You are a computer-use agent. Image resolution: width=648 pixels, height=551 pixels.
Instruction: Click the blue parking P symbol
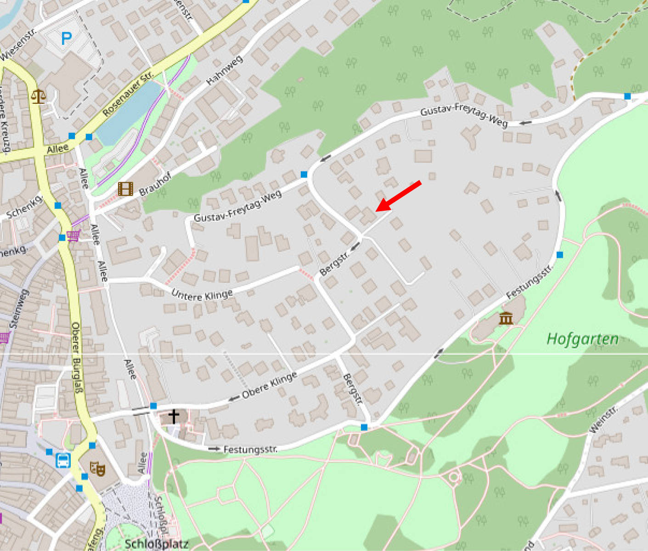pyautogui.click(x=67, y=38)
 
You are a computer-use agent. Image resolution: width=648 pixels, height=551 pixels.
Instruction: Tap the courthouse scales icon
pyautogui.click(x=39, y=96)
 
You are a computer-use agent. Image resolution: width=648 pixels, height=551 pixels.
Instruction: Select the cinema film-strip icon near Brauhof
pyautogui.click(x=125, y=188)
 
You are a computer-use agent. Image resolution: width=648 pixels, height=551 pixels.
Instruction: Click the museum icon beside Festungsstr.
pyautogui.click(x=506, y=318)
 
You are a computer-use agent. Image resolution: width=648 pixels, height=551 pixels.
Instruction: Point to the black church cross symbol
pyautogui.click(x=174, y=416)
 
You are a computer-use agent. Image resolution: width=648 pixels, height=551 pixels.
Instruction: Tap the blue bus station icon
pyautogui.click(x=63, y=460)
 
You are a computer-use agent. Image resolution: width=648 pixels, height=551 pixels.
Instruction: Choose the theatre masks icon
pyautogui.click(x=97, y=469)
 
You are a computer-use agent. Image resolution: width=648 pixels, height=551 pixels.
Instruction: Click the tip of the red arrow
pyautogui.click(x=377, y=211)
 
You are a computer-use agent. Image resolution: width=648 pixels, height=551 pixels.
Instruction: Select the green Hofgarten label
pyautogui.click(x=582, y=339)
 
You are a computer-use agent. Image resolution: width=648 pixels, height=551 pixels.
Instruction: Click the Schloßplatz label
pyautogui.click(x=157, y=544)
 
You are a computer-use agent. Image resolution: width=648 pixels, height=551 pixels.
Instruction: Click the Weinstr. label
pyautogui.click(x=603, y=420)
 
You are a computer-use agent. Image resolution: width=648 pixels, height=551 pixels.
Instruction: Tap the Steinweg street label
pyautogui.click(x=19, y=308)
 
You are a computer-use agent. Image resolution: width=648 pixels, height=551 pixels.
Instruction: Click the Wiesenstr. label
pyautogui.click(x=18, y=44)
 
